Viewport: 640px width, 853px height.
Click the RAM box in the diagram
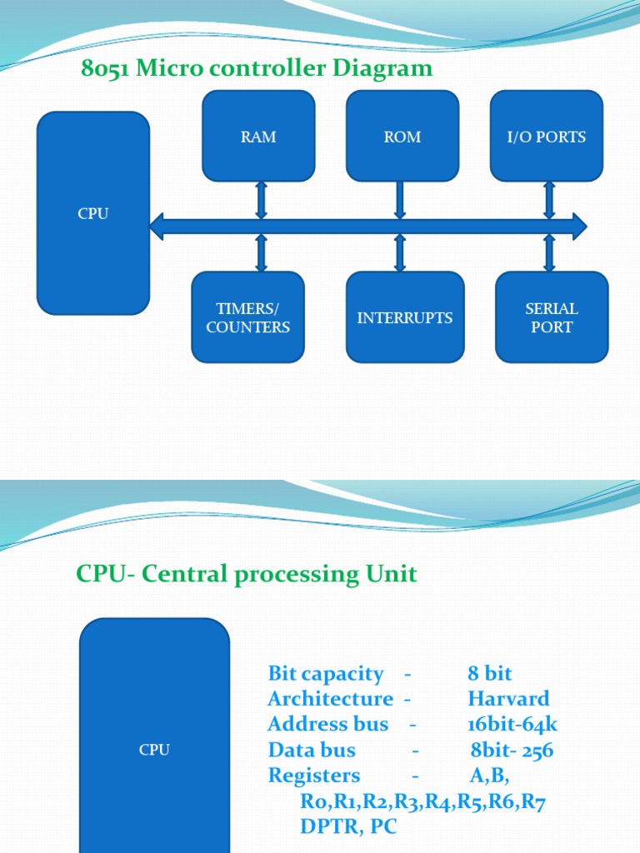click(x=258, y=137)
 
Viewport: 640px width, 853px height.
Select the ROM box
click(x=402, y=137)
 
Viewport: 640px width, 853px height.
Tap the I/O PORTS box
click(x=547, y=137)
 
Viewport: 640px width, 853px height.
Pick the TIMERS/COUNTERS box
click(x=248, y=317)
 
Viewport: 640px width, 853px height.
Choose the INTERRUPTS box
click(x=405, y=317)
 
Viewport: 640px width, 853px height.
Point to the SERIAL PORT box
click(x=552, y=317)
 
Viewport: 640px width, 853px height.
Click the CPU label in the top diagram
click(x=93, y=213)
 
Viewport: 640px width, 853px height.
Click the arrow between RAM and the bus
click(x=262, y=200)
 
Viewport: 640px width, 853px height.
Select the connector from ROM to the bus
click(x=400, y=200)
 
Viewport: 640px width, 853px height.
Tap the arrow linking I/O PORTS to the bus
click(x=549, y=200)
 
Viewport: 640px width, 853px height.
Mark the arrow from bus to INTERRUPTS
click(x=400, y=253)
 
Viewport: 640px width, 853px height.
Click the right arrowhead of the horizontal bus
click(x=580, y=226)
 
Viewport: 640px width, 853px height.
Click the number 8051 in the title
click(x=106, y=68)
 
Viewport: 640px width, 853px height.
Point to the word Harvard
click(x=508, y=699)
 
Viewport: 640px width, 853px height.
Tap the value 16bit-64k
click(x=512, y=725)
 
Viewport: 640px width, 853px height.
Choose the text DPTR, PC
click(x=348, y=827)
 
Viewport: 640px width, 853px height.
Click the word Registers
click(x=314, y=776)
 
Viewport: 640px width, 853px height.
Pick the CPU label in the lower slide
click(x=154, y=750)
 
